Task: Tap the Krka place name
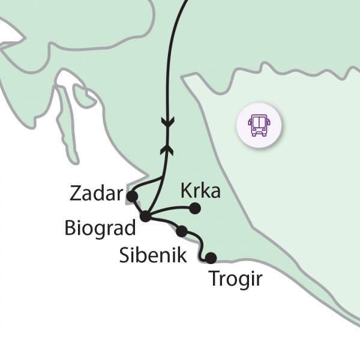click(200, 192)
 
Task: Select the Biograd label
click(100, 228)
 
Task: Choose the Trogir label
click(235, 280)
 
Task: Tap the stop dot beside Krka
click(194, 208)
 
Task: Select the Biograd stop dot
click(145, 216)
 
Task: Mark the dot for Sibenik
click(181, 231)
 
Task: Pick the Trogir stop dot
click(211, 259)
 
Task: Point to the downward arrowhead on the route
click(167, 123)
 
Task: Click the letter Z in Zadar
click(76, 193)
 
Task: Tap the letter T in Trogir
click(213, 280)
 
